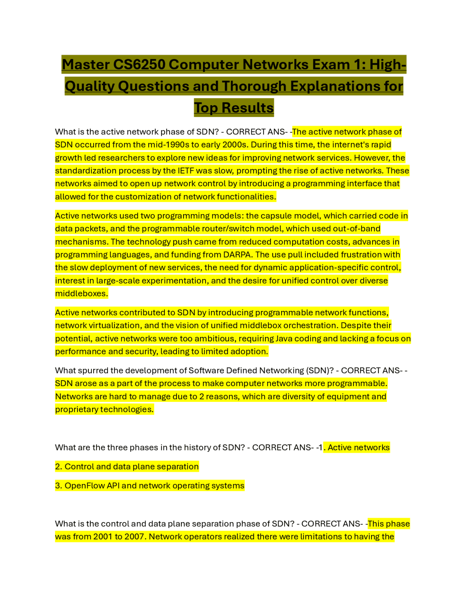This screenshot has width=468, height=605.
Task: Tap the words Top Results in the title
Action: [234, 108]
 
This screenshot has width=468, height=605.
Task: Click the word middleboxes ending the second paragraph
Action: [81, 293]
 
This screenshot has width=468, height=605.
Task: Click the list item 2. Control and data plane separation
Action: [127, 467]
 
